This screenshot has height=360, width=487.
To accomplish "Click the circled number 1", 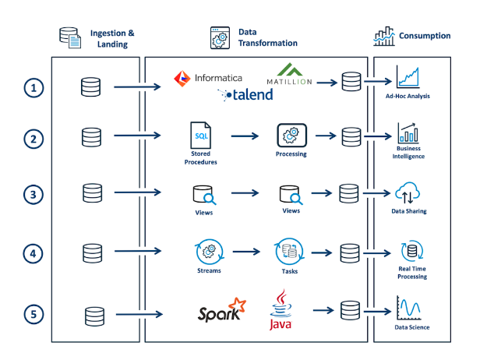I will (33, 88).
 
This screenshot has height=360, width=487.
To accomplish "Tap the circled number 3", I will (33, 195).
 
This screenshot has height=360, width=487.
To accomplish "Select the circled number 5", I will (33, 315).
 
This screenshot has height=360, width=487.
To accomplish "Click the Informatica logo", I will (208, 77).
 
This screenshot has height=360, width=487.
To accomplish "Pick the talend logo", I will (245, 95).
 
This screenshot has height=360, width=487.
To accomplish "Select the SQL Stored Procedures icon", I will (201, 136).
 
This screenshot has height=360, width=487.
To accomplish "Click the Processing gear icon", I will (291, 135).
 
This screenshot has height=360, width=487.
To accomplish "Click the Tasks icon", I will (289, 252).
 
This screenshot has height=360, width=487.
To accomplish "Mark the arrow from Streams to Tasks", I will (249, 252).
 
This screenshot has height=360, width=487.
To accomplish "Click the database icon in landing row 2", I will (91, 137).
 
